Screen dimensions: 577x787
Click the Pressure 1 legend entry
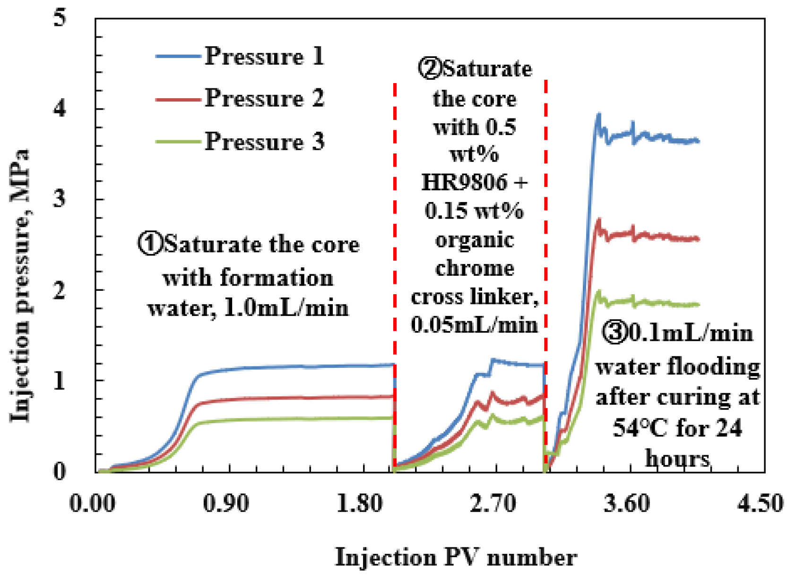point(264,57)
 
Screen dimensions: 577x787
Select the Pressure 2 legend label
point(264,99)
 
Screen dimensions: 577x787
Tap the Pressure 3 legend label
point(264,142)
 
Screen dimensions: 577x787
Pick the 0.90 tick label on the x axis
point(226,503)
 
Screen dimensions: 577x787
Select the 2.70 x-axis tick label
point(493,503)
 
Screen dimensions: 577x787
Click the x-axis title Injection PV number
point(456,558)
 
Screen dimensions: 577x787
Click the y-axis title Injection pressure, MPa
point(20,286)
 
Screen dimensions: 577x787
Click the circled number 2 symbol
point(429,68)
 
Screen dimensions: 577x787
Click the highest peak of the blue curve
point(599,114)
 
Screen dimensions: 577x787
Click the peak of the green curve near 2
point(598,291)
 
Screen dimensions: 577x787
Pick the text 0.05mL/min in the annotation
point(474,325)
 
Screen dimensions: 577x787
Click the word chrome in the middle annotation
point(474,269)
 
